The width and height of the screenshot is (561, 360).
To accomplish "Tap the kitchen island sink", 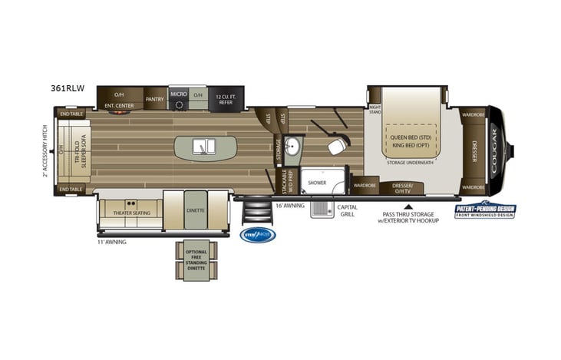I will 203,146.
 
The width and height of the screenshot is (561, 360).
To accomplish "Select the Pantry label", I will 154,99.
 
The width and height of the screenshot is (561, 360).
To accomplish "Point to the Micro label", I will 178,94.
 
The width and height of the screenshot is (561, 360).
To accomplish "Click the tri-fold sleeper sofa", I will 77,150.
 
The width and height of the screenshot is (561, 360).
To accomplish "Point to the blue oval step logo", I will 257,235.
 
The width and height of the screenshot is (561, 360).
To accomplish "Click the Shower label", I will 318,182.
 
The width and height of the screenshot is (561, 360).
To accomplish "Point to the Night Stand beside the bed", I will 375,109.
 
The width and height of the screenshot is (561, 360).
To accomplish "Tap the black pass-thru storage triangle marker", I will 408,206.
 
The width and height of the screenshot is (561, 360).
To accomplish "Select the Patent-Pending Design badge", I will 486,210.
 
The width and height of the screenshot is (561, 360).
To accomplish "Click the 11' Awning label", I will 111,243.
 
